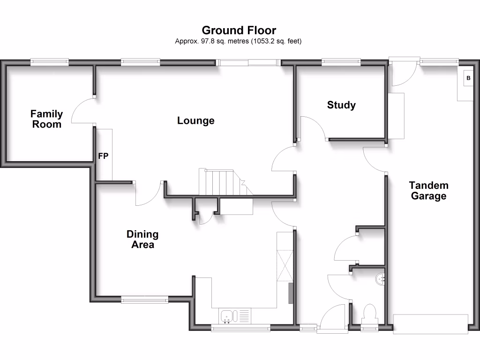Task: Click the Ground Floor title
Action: [239, 31]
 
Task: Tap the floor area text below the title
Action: [238, 41]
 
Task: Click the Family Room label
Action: [46, 119]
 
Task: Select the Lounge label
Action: [195, 120]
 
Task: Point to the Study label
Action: [341, 105]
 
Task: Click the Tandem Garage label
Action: [428, 191]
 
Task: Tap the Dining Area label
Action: [142, 239]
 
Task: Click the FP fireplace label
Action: [103, 157]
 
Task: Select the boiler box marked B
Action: [467, 78]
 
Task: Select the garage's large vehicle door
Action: [430, 324]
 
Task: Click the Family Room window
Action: [49, 61]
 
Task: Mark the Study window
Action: [341, 61]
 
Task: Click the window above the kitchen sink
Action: [240, 328]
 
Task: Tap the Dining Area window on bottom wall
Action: [144, 300]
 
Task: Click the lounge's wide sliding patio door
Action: [248, 62]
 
